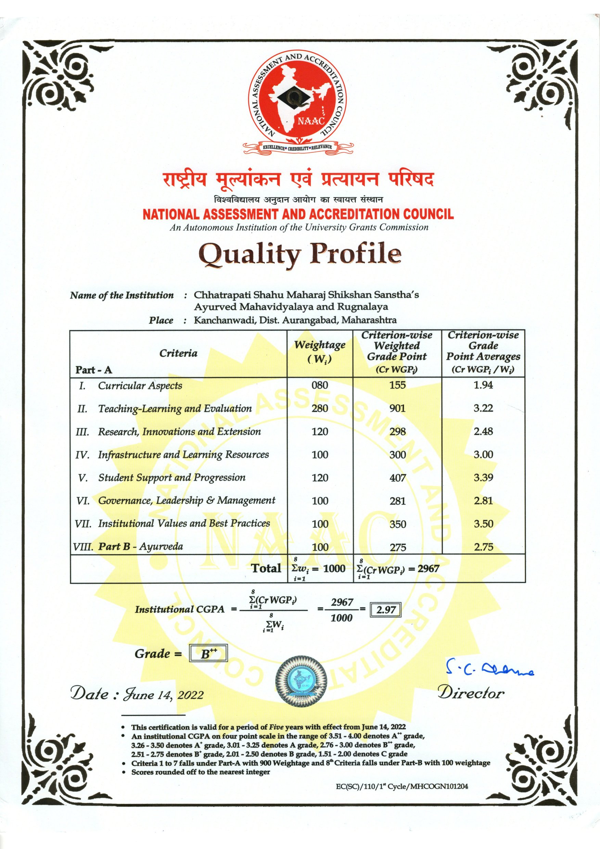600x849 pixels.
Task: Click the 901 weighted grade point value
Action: [397, 408]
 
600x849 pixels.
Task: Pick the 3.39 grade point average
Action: [483, 477]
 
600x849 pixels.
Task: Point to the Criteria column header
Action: [178, 353]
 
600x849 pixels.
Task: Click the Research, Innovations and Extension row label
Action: [179, 432]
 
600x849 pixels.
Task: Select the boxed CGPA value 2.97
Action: [386, 610]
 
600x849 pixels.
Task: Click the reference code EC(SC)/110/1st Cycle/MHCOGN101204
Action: [402, 786]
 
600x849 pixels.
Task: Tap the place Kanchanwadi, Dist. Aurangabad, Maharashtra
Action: [295, 320]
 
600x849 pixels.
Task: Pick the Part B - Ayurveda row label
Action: [140, 546]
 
